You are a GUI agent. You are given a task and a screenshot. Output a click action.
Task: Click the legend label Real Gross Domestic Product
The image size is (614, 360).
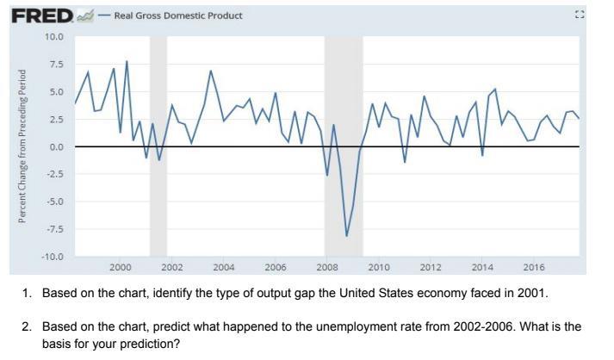pos(178,16)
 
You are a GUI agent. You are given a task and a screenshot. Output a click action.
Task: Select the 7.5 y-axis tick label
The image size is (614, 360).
pos(56,64)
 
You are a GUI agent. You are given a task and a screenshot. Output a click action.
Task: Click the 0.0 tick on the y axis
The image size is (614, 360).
pos(56,146)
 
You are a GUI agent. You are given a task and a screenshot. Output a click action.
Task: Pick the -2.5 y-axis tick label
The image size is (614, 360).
pos(54,174)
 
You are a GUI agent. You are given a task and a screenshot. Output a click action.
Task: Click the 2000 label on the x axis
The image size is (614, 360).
pos(121,268)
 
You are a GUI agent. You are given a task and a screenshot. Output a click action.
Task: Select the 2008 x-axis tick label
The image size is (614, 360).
pos(327,268)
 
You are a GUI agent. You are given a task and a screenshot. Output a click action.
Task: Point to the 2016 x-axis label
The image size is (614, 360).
pos(534,268)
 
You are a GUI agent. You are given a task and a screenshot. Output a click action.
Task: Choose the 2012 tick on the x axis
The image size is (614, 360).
pos(431,268)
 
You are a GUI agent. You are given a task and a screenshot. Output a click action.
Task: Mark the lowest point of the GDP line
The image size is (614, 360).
pos(347,236)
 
